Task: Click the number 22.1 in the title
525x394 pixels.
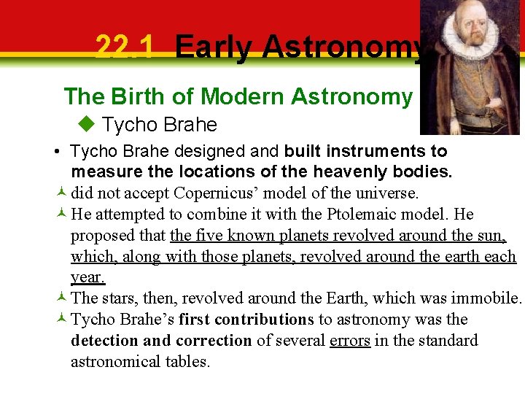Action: pyautogui.click(x=125, y=48)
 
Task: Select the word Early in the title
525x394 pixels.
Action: pyautogui.click(x=213, y=48)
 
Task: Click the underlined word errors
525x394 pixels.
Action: pyautogui.click(x=350, y=341)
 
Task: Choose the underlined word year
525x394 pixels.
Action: pyautogui.click(x=87, y=278)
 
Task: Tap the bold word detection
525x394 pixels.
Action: pyautogui.click(x=106, y=341)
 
